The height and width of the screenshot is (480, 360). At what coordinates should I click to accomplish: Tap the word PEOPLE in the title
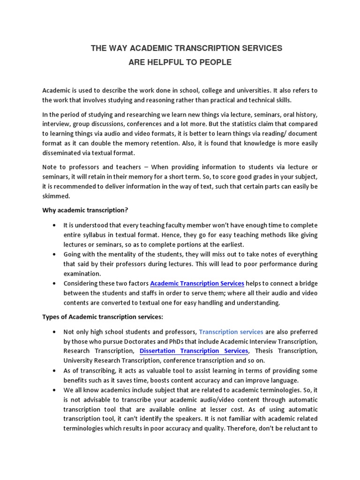pyautogui.click(x=215, y=62)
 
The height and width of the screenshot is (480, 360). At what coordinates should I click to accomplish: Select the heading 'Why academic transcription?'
pyautogui.click(x=85, y=210)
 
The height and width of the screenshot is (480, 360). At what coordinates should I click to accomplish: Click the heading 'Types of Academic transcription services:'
pyautogui.click(x=103, y=317)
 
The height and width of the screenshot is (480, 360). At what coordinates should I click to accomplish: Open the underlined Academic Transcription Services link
pyautogui.click(x=197, y=284)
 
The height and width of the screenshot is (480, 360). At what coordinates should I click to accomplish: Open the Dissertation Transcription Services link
pyautogui.click(x=194, y=351)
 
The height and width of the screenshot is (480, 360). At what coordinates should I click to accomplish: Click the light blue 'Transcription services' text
pyautogui.click(x=231, y=332)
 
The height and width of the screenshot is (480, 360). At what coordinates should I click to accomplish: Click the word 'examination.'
pyautogui.click(x=82, y=274)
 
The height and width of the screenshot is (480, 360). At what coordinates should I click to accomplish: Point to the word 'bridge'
pyautogui.click(x=307, y=284)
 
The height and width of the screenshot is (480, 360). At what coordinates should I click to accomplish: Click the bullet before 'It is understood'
pyautogui.click(x=56, y=225)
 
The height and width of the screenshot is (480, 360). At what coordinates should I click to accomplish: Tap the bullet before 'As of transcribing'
pyautogui.click(x=56, y=371)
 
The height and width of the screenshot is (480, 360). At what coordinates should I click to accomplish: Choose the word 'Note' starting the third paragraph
pyautogui.click(x=50, y=167)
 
